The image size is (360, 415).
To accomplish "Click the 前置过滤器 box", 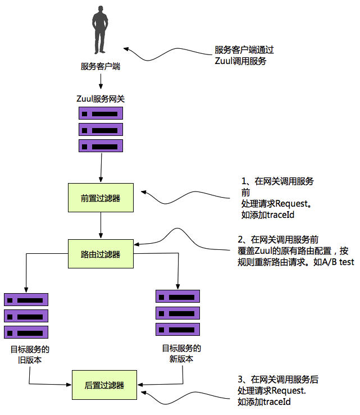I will [x=101, y=198].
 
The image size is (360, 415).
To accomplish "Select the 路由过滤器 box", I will [x=101, y=254].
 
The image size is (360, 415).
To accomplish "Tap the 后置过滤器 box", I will [x=104, y=385].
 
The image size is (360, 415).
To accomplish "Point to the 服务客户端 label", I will [x=101, y=67].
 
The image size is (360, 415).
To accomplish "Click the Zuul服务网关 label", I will [x=101, y=98].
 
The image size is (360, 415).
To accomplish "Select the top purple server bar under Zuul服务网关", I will [x=101, y=113].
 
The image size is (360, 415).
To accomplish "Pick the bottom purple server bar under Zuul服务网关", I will [x=101, y=146].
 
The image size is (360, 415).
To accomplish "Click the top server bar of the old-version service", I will [x=26, y=300].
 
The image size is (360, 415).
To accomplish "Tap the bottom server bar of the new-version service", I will [x=177, y=329].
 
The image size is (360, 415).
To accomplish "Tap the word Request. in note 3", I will [x=289, y=390].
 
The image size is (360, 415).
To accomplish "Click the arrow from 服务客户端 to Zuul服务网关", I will [x=101, y=81].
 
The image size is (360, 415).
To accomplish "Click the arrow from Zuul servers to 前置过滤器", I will [x=101, y=168].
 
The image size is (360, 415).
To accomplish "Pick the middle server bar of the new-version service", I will [x=177, y=312].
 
